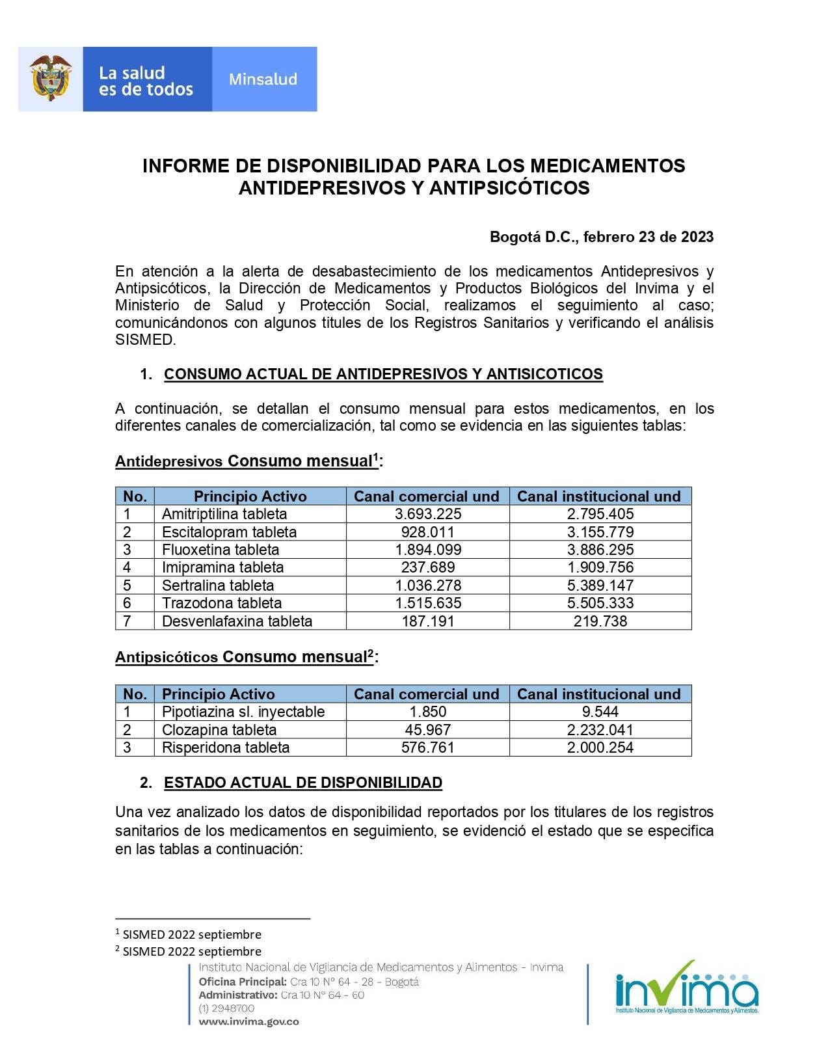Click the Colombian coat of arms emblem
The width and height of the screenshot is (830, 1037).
tap(50, 78)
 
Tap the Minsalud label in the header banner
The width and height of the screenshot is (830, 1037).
tap(263, 79)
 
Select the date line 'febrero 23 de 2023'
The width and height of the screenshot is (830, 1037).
tap(648, 237)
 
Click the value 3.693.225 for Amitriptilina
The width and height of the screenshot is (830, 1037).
tap(428, 514)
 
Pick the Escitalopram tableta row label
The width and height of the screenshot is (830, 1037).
tap(229, 532)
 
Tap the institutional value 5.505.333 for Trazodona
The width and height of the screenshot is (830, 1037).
tap(600, 603)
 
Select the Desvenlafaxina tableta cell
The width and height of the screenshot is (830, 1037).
tap(237, 621)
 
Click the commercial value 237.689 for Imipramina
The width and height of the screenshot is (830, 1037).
tap(428, 567)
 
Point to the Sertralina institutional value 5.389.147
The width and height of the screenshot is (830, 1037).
tap(600, 586)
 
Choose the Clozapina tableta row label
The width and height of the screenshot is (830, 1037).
tap(219, 730)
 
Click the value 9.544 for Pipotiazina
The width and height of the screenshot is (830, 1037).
tap(600, 712)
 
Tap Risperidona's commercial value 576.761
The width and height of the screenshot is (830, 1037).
tap(428, 747)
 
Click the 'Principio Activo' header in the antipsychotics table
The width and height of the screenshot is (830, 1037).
tap(218, 694)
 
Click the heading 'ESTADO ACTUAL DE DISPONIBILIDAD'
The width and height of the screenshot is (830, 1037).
tap(302, 783)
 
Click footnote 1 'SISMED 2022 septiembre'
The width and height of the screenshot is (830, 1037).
tap(191, 934)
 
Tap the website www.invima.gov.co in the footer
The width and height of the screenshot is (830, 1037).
tap(248, 1021)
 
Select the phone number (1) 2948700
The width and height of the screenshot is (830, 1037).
tap(226, 1008)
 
